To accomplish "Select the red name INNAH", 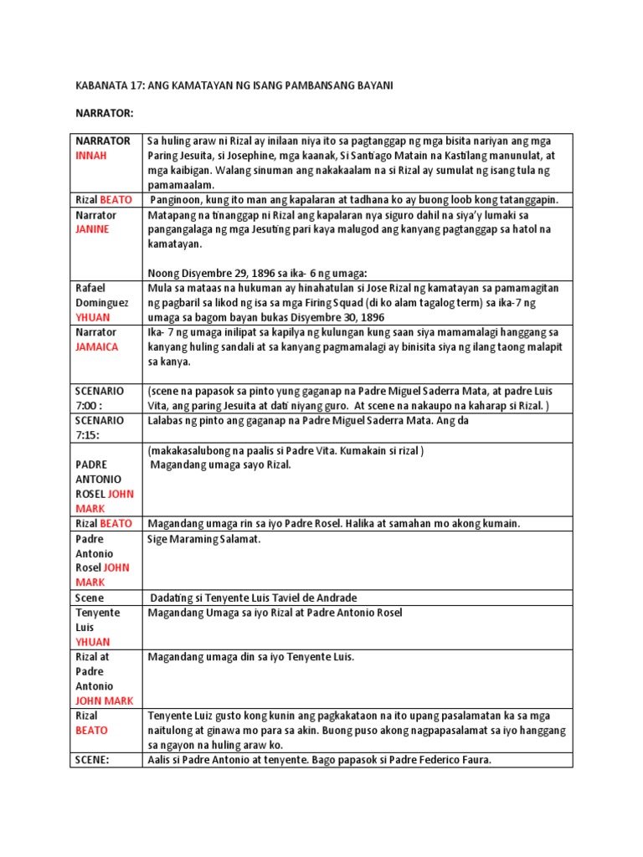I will click(x=93, y=156).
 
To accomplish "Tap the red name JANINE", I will click(x=93, y=229).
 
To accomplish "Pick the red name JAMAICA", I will click(x=97, y=346).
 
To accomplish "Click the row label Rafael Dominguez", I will click(x=101, y=295).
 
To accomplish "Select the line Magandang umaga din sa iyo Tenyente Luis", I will click(x=251, y=657).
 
